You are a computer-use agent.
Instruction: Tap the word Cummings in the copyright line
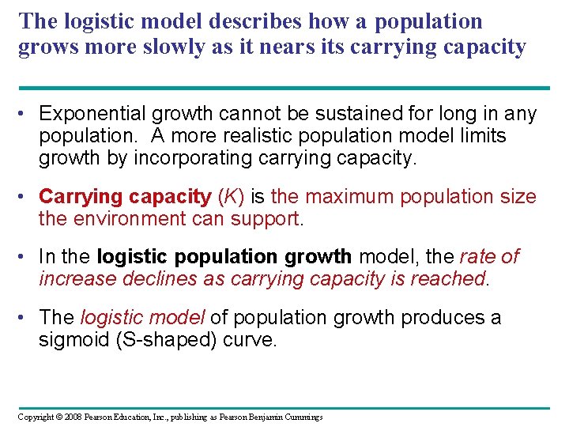click(x=303, y=417)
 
